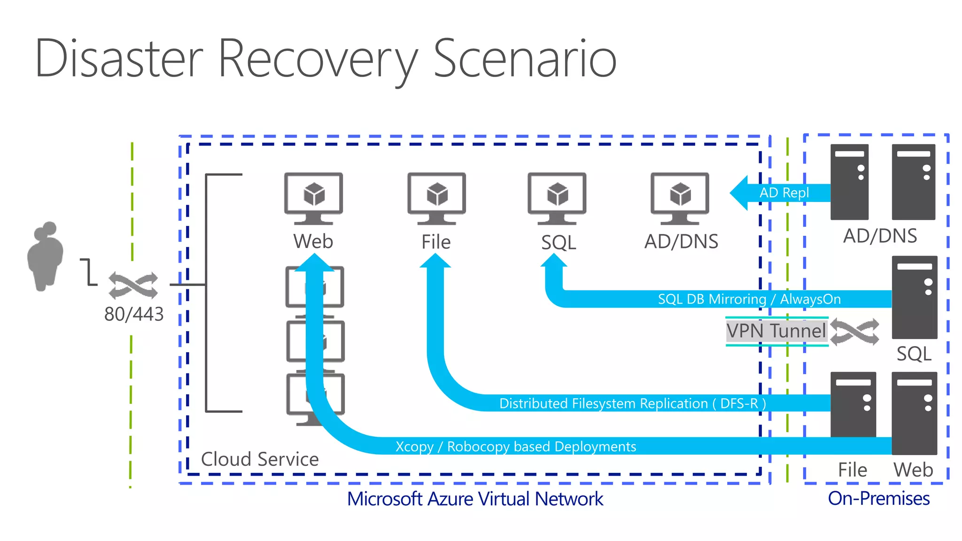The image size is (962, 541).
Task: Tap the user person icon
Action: pos(45,256)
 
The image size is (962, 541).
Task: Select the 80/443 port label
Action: pos(134,314)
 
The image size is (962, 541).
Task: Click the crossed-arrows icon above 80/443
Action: pos(133,285)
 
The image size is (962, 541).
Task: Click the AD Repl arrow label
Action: pos(784,193)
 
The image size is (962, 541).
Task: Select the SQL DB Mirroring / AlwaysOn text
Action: pos(749,299)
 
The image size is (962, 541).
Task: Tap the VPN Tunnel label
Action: pos(776,331)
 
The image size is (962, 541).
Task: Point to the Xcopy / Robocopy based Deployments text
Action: pos(516,446)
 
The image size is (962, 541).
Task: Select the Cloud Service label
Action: pos(260,459)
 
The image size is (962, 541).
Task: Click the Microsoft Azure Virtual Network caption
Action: pos(475,499)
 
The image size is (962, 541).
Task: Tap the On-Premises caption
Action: pos(878,498)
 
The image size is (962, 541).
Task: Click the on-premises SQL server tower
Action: pos(914,297)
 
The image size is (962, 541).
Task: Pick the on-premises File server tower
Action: pos(853,404)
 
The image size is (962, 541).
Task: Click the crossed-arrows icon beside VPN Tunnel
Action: pos(854,332)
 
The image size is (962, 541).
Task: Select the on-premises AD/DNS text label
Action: pos(880,236)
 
